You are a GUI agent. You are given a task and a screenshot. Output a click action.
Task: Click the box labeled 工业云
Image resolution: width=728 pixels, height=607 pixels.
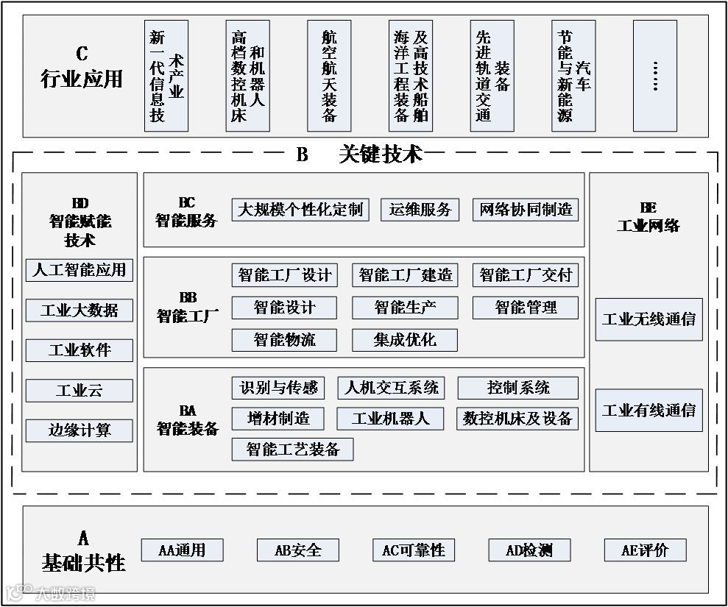click(x=79, y=391)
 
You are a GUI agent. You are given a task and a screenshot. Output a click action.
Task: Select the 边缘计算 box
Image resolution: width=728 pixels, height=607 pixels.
click(x=79, y=430)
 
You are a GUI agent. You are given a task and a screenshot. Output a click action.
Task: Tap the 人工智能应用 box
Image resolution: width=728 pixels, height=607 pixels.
click(x=79, y=270)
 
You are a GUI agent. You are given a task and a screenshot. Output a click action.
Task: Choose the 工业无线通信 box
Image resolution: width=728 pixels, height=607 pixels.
click(x=649, y=319)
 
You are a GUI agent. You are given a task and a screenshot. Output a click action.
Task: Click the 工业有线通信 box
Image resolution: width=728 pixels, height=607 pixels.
click(x=649, y=411)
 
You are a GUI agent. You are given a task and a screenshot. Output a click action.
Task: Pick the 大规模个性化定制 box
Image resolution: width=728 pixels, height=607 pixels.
click(x=300, y=210)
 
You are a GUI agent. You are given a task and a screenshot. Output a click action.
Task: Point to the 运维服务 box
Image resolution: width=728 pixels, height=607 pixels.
click(x=420, y=210)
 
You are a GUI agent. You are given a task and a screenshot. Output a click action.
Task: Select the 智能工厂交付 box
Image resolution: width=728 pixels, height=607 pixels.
click(x=525, y=276)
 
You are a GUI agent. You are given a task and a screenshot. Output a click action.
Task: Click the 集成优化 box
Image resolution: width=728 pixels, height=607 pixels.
click(x=405, y=340)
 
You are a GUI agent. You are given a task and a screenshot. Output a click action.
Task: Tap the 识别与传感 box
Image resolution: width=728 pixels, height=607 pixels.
click(x=278, y=388)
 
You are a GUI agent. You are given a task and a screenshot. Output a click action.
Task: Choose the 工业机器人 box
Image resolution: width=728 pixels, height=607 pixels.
click(x=390, y=419)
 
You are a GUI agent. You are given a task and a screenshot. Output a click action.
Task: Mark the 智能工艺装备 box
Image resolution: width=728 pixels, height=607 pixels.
click(x=293, y=450)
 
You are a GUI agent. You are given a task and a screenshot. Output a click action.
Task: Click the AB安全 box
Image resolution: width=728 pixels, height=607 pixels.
click(x=298, y=550)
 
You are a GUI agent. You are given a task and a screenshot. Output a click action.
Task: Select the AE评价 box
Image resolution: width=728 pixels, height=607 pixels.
click(x=645, y=550)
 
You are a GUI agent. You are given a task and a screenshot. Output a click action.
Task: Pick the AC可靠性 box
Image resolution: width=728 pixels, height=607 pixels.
click(x=414, y=550)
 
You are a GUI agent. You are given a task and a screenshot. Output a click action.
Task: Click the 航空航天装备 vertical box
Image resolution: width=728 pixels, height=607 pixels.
click(x=329, y=76)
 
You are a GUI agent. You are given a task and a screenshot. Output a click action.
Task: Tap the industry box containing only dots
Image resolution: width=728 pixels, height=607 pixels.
click(x=654, y=76)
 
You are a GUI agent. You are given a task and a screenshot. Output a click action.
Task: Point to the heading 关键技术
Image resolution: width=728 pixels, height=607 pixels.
click(x=381, y=155)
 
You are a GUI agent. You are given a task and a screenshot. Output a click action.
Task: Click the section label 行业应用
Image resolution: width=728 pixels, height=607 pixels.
click(x=81, y=79)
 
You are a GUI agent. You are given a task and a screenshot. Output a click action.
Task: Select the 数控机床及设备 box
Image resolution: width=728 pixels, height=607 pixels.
click(x=517, y=419)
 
